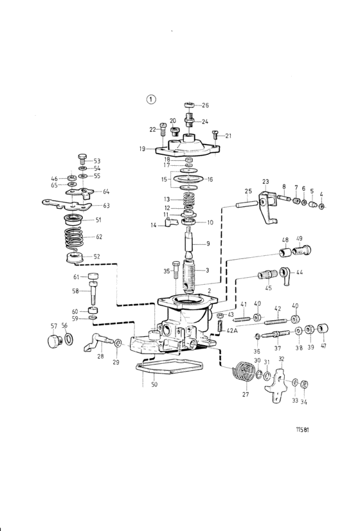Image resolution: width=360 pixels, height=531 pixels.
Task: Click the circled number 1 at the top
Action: click(151, 99)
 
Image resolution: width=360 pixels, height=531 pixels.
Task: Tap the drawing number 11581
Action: click(302, 429)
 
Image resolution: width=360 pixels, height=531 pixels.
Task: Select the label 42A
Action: click(231, 330)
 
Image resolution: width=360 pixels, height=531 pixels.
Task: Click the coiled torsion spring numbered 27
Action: click(243, 372)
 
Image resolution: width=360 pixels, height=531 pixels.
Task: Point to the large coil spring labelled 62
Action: click(74, 237)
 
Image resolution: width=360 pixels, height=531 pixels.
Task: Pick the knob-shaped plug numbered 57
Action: click(53, 341)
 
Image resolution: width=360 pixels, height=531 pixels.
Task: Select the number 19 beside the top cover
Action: click(142, 148)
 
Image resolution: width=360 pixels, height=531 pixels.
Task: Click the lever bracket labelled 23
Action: click(267, 206)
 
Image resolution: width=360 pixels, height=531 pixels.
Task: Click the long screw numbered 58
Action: click(93, 293)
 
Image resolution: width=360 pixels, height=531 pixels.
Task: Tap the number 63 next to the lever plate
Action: click(106, 205)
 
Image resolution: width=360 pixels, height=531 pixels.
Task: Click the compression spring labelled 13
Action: click(189, 199)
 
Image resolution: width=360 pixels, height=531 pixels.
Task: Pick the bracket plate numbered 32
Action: click(277, 385)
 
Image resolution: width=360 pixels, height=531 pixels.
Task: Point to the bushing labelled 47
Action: click(323, 328)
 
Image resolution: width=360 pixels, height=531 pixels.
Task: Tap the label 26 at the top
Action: click(205, 105)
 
